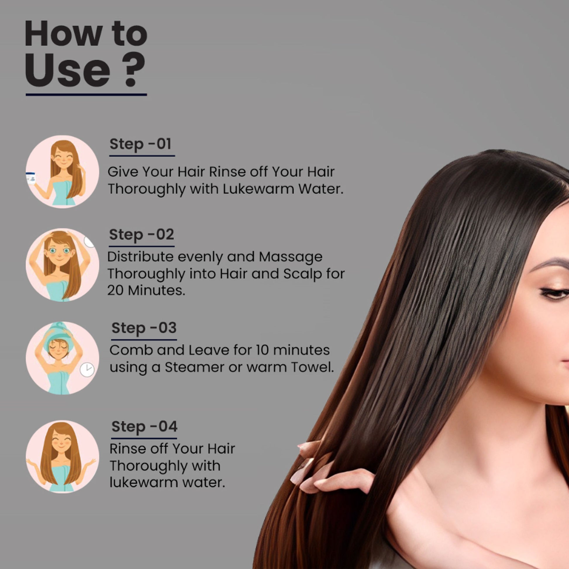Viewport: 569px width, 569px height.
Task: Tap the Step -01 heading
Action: (140, 144)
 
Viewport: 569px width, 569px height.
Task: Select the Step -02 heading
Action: (142, 235)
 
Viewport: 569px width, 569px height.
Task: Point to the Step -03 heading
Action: (144, 328)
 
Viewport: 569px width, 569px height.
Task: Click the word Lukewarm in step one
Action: (258, 189)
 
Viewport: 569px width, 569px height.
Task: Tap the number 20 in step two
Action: (115, 290)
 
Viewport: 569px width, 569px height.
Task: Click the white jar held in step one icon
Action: (31, 178)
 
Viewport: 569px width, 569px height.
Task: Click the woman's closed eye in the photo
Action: (555, 293)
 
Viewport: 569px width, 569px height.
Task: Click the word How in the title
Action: (64, 34)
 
